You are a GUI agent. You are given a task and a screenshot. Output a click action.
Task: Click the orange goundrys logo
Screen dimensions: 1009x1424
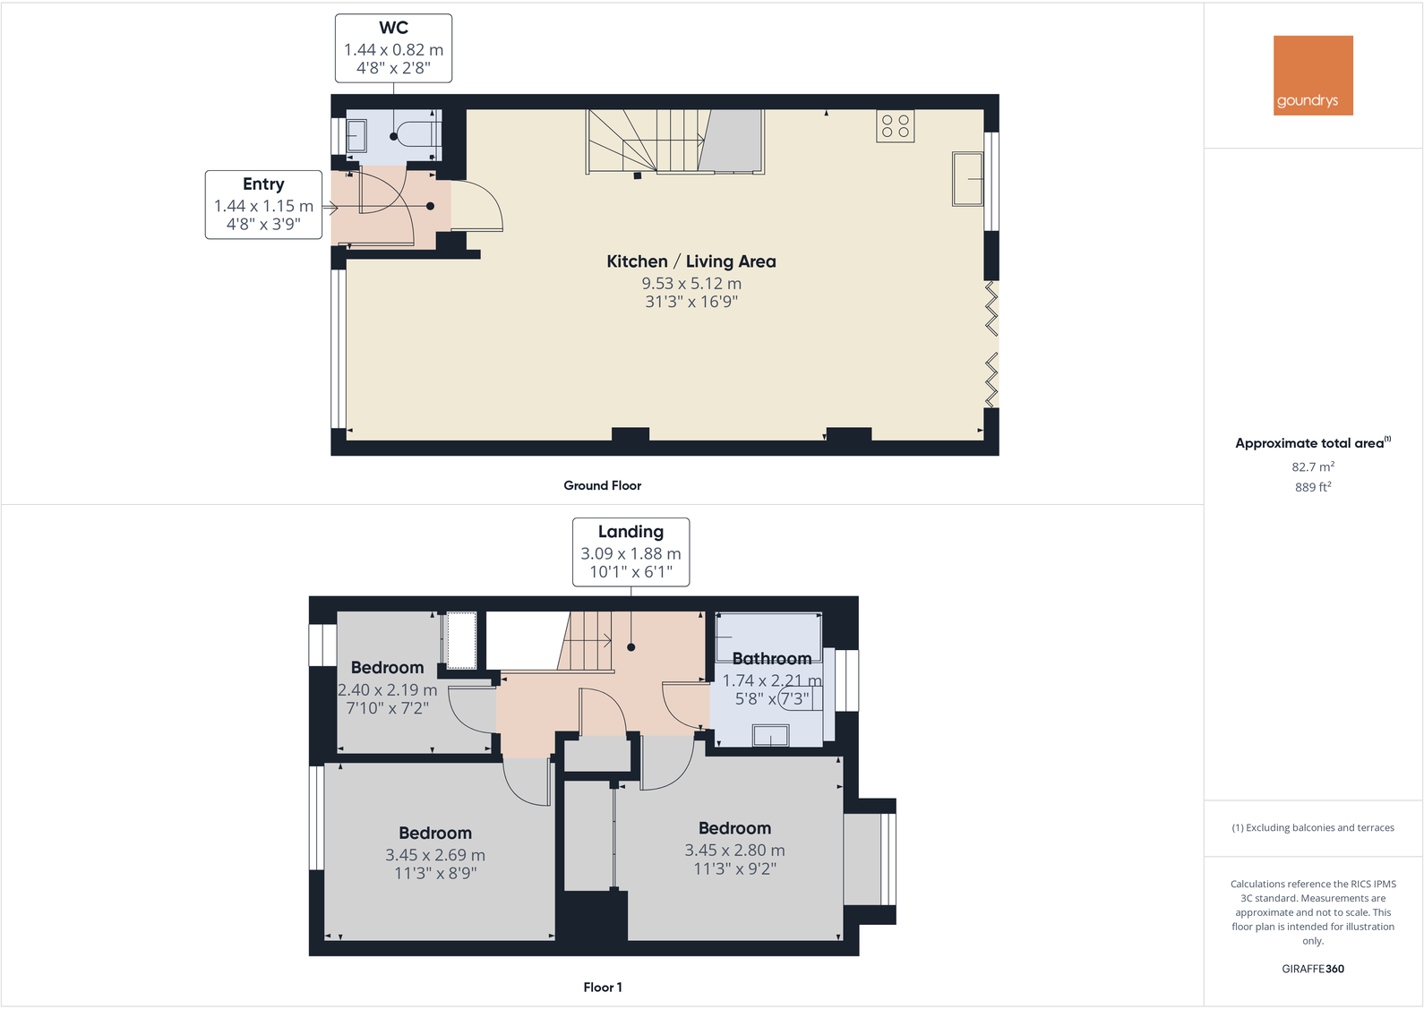tap(1313, 75)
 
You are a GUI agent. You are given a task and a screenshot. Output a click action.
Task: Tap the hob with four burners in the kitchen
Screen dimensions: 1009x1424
tap(895, 125)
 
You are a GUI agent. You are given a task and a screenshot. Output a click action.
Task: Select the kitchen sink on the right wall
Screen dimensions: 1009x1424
tap(967, 179)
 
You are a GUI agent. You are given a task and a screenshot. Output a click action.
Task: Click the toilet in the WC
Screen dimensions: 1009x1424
tap(417, 135)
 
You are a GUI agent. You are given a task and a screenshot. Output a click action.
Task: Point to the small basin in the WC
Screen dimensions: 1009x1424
tap(356, 136)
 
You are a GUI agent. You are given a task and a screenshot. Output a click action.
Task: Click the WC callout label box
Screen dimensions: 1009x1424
tap(393, 48)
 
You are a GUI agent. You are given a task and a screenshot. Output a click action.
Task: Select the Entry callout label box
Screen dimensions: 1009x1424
tap(263, 205)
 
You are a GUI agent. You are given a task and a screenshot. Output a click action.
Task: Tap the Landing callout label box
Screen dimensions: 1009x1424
tap(631, 552)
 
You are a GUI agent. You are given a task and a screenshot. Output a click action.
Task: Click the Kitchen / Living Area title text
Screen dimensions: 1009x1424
tap(691, 261)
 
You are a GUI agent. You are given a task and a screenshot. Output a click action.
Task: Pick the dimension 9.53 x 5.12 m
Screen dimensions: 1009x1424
tap(691, 284)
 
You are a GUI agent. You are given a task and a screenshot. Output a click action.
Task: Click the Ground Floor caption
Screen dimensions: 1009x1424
tap(602, 485)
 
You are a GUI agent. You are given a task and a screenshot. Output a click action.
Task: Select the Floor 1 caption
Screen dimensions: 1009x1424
tap(602, 988)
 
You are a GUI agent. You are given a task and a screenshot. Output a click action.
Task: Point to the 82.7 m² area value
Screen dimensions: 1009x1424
tap(1312, 466)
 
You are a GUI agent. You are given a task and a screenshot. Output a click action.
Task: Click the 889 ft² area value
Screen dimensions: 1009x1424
tap(1312, 487)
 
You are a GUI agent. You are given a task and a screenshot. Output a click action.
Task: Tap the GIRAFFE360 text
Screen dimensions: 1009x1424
tap(1312, 969)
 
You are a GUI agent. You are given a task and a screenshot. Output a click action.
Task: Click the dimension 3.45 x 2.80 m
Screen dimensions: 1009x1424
tap(734, 851)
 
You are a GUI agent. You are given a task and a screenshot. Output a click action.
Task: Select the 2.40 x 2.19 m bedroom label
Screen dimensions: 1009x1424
tap(387, 690)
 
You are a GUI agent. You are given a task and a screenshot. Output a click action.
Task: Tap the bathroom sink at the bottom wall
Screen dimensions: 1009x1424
tap(770, 736)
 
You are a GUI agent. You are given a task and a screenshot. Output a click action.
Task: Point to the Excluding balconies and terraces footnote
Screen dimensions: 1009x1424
tap(1312, 828)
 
